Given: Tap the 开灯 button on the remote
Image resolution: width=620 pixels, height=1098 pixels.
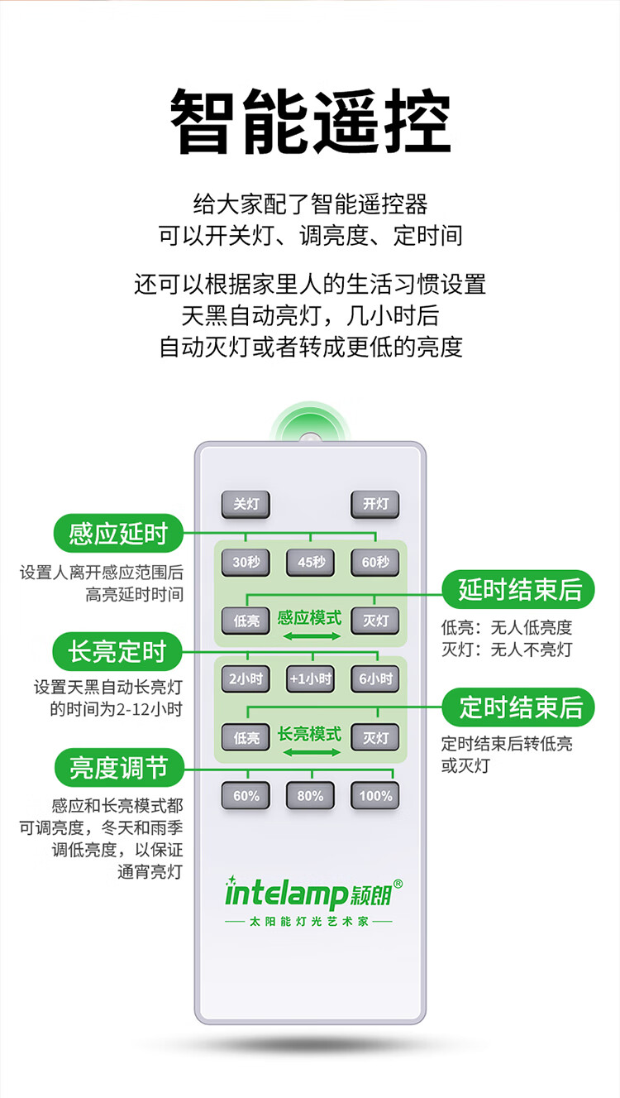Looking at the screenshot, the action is pyautogui.click(x=375, y=504).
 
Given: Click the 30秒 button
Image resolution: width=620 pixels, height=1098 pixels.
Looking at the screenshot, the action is pyautogui.click(x=246, y=563).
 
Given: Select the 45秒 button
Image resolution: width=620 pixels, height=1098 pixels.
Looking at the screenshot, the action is pyautogui.click(x=311, y=563).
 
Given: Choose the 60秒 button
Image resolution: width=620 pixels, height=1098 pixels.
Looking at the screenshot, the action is pyautogui.click(x=375, y=563).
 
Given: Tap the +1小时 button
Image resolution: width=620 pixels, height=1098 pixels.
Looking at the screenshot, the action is pyautogui.click(x=311, y=679).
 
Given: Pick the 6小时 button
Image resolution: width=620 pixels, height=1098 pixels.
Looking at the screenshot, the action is pyautogui.click(x=375, y=679).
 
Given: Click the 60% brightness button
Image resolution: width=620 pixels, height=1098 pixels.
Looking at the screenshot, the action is pyautogui.click(x=246, y=796).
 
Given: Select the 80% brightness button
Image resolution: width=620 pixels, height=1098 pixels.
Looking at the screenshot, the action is pyautogui.click(x=311, y=796).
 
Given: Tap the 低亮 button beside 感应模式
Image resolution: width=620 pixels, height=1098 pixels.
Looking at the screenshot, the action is pyautogui.click(x=246, y=621).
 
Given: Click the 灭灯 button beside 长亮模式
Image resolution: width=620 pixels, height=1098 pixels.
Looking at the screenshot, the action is pyautogui.click(x=375, y=737).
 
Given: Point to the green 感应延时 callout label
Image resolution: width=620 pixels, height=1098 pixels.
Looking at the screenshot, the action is pyautogui.click(x=118, y=534).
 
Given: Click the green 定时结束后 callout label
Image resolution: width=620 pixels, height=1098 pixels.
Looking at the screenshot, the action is pyautogui.click(x=521, y=707).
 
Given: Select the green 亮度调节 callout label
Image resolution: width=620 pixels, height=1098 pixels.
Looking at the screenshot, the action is pyautogui.click(x=118, y=768).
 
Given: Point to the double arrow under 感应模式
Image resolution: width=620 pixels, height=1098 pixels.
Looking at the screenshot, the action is pyautogui.click(x=311, y=635).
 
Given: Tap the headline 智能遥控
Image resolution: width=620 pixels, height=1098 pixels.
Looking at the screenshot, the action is pyautogui.click(x=310, y=122).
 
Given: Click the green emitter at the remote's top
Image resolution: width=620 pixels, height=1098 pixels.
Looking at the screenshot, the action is pyautogui.click(x=309, y=429).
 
